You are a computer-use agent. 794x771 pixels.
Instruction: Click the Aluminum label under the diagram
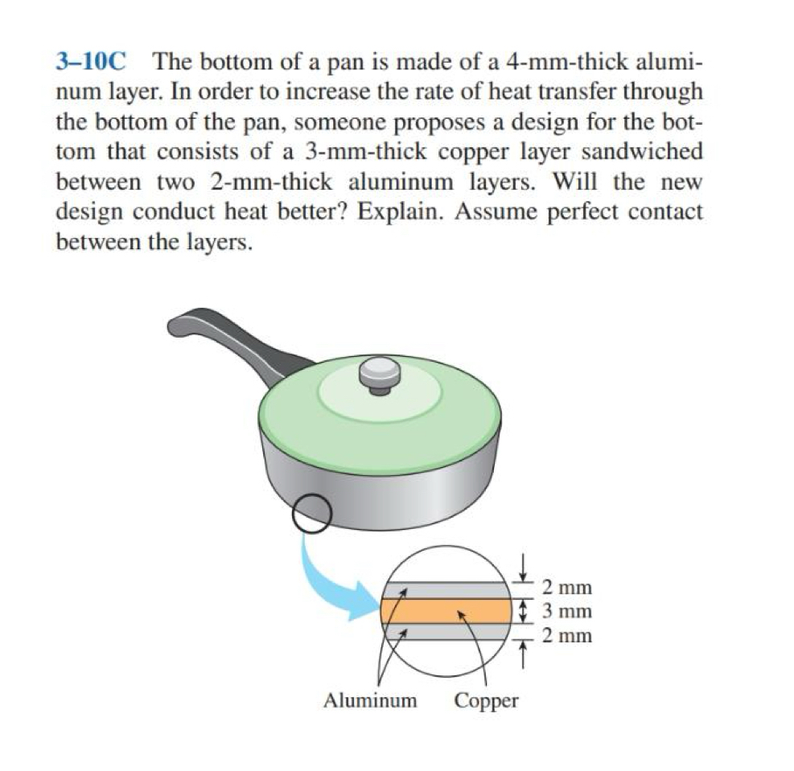(370, 700)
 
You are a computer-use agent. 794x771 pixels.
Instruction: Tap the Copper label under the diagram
(486, 700)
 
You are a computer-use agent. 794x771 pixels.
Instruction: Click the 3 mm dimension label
(567, 611)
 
